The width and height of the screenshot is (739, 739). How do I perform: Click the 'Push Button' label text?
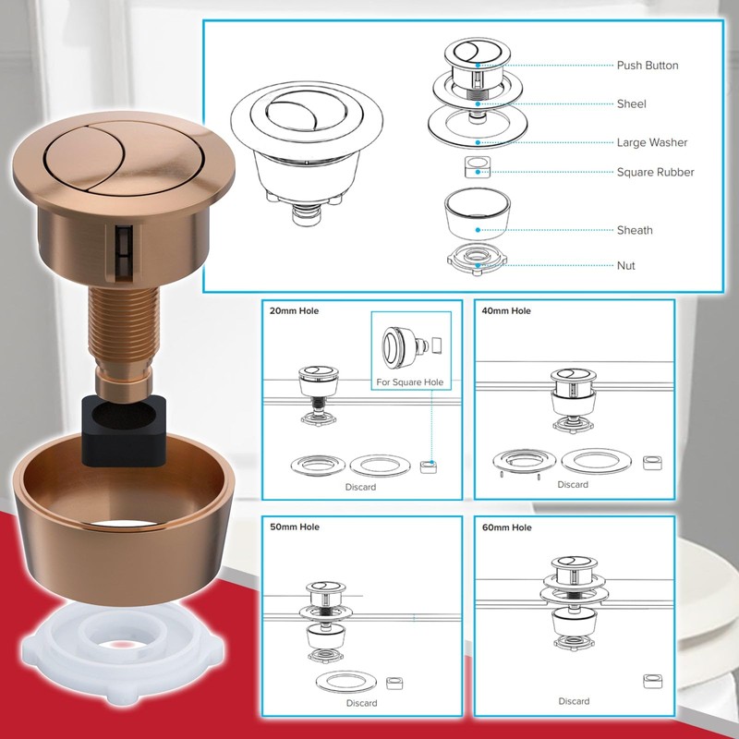(647, 66)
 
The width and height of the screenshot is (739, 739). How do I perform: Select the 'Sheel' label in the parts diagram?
(631, 104)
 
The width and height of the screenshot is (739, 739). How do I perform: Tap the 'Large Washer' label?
(652, 143)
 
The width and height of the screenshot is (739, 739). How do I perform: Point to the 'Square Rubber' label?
(655, 173)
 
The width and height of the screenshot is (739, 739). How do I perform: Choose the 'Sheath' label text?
(635, 230)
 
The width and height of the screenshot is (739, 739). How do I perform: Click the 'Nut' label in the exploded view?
(625, 266)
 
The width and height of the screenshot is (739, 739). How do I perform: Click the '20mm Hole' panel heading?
(294, 311)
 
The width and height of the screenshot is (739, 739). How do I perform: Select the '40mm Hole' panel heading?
(506, 311)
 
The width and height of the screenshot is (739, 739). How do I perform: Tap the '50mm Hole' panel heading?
(294, 527)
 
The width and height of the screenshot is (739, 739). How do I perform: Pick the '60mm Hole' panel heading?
(507, 527)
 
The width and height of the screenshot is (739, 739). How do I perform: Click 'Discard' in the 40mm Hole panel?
(573, 485)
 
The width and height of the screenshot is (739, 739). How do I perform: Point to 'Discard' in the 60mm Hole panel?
(573, 701)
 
